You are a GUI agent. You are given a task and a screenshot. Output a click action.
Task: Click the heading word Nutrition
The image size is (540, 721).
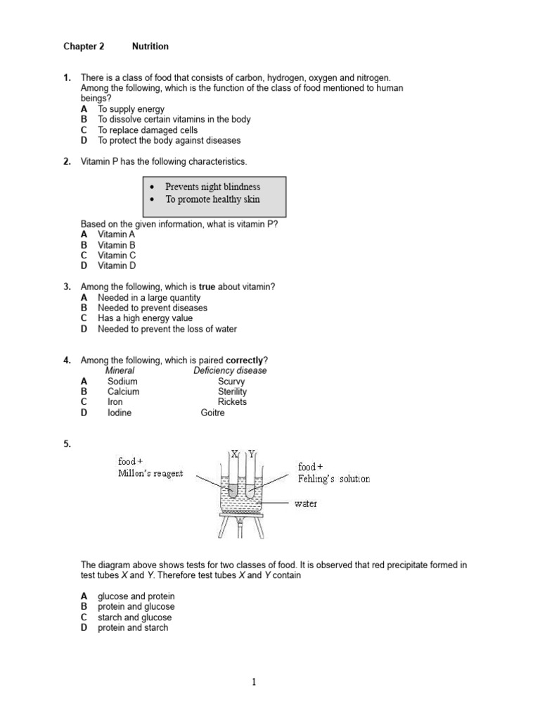(x=150, y=46)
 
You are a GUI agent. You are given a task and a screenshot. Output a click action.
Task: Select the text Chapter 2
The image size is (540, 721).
(x=84, y=46)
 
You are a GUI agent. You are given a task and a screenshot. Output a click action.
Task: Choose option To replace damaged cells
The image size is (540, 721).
(x=148, y=130)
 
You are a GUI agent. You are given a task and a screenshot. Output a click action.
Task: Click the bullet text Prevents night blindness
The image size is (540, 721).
(x=212, y=187)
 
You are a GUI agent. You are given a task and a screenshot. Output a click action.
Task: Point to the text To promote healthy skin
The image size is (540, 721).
(x=212, y=199)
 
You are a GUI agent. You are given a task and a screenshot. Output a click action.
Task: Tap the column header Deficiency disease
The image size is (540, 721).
(x=230, y=370)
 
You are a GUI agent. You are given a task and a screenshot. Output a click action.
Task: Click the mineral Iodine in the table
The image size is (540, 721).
(x=120, y=413)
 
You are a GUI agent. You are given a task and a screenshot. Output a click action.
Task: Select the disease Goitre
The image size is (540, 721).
(x=213, y=413)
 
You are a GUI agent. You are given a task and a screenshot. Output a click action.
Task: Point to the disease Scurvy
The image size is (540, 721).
(x=231, y=381)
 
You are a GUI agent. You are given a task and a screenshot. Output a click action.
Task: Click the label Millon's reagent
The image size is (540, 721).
(x=150, y=474)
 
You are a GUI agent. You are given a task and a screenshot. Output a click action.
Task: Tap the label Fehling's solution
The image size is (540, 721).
(x=334, y=479)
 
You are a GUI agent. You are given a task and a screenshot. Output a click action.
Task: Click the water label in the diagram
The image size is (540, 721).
(x=305, y=504)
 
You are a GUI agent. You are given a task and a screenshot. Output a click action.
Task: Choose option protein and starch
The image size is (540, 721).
(x=133, y=627)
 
